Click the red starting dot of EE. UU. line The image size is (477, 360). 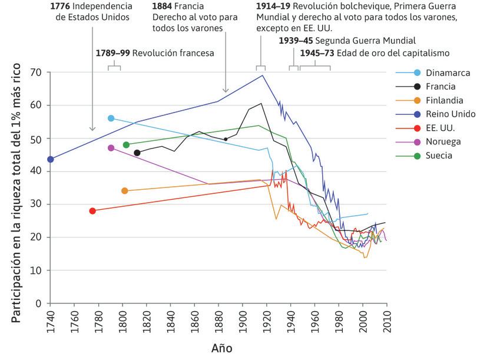click(x=92, y=211)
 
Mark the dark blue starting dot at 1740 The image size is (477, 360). click(x=51, y=159)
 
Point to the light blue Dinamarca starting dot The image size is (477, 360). click(x=111, y=118)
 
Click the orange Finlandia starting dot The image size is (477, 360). click(x=124, y=191)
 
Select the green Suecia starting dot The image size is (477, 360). click(x=126, y=145)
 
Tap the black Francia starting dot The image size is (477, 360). click(x=137, y=153)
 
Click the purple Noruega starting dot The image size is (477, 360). click(x=111, y=148)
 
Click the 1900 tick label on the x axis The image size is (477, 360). click(x=243, y=321)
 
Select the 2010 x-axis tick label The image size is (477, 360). click(x=386, y=321)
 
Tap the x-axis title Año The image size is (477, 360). click(x=221, y=348)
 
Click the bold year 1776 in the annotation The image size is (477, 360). click(x=62, y=6)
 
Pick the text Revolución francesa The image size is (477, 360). click(x=173, y=52)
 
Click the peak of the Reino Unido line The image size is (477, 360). click(x=263, y=75)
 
